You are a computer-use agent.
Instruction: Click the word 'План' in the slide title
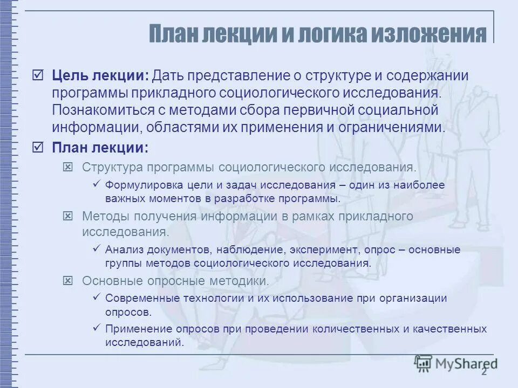173,34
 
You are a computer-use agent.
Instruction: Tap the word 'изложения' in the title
436,34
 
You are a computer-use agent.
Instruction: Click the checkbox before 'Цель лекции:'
38,75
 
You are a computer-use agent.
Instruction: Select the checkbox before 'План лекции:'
38,147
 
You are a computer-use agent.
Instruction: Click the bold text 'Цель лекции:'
100,75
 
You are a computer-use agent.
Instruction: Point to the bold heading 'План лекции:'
100,147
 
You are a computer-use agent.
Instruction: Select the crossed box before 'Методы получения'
68,216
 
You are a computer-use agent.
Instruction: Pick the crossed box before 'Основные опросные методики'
68,281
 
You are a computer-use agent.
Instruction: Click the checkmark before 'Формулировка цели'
97,184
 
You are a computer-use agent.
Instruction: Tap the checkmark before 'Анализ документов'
97,249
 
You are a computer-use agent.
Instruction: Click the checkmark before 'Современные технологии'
97,297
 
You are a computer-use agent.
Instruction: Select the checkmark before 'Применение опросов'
97,328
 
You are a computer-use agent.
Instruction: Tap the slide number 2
484,371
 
